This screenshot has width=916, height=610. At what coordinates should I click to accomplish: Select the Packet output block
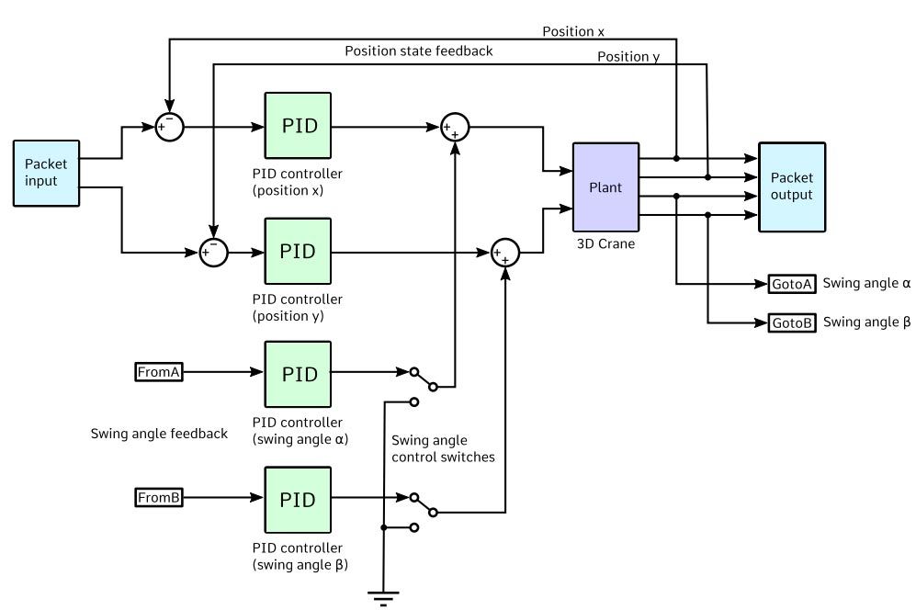coord(791,187)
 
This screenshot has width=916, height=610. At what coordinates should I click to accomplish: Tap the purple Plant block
coord(605,187)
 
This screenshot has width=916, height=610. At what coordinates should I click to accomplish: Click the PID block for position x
coord(299,126)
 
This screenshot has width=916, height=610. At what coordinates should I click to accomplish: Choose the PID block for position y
coord(299,251)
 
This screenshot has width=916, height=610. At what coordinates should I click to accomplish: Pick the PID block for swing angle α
coord(299,374)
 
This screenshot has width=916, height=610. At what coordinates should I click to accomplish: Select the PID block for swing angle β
coord(299,499)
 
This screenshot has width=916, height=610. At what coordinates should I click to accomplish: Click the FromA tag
coord(159,372)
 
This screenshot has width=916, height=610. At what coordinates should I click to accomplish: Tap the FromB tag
coord(159,498)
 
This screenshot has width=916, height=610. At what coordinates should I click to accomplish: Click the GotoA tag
coord(791,284)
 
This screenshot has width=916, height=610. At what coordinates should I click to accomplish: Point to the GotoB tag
coord(791,322)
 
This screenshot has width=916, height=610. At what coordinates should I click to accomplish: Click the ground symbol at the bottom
coord(383,598)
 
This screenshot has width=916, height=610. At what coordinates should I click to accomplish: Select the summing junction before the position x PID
coord(169,127)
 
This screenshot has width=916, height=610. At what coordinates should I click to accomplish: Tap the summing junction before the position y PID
coord(213,251)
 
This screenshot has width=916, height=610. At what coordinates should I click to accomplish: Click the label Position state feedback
coord(419,51)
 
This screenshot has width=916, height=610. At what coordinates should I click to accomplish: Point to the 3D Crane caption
coord(605,243)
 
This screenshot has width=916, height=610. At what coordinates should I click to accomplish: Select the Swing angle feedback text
coord(159,434)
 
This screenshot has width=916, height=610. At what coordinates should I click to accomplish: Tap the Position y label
coord(628,57)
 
